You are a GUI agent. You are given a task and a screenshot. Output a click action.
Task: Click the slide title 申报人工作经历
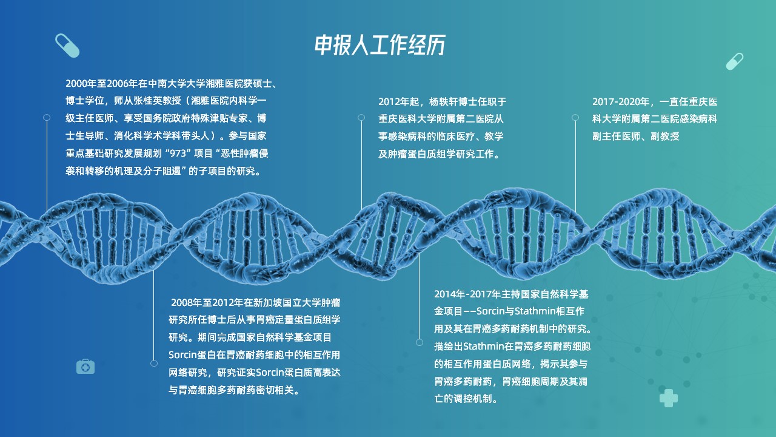[380, 46]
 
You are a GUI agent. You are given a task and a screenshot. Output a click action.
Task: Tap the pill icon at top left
[67, 46]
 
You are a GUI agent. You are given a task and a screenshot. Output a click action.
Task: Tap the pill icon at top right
[735, 61]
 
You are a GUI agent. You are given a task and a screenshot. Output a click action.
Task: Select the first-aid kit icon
[85, 366]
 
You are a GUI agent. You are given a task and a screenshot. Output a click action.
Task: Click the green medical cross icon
[669, 398]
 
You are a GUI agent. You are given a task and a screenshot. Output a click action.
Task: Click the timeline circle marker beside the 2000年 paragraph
[47, 117]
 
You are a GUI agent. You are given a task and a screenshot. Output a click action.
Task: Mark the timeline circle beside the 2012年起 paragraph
[361, 117]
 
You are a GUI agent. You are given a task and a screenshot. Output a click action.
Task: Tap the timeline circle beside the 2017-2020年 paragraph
[575, 117]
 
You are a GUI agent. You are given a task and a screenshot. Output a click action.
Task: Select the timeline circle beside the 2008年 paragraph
[154, 363]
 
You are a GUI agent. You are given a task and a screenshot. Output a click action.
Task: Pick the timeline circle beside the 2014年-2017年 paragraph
[420, 342]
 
